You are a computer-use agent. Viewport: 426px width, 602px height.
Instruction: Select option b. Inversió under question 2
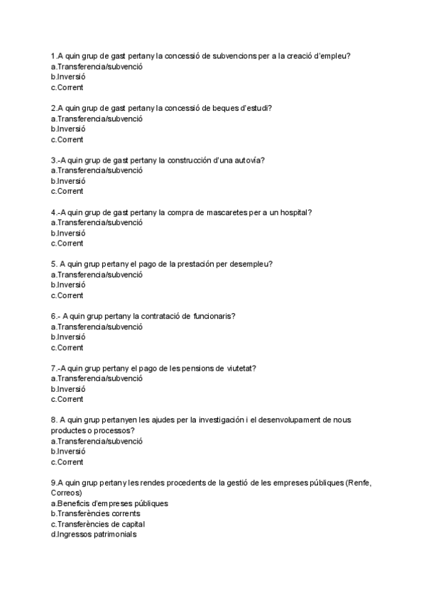click(x=68, y=129)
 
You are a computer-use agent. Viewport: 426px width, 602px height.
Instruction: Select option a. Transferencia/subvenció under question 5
click(x=97, y=275)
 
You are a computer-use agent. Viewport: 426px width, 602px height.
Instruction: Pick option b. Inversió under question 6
click(x=68, y=337)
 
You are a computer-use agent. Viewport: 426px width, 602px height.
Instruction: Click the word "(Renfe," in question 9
click(x=359, y=483)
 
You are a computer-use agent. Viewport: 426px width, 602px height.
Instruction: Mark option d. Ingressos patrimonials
click(x=94, y=535)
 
